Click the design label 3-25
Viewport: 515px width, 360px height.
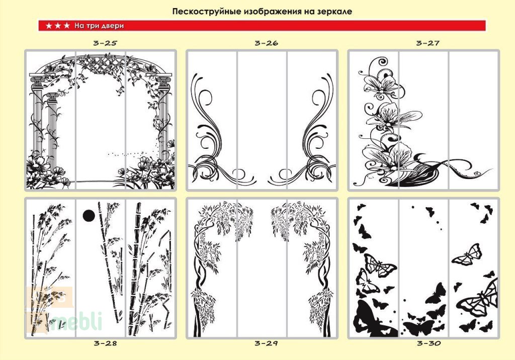[x=106, y=43]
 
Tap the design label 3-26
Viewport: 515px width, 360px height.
[x=267, y=43]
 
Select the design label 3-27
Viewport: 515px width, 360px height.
[x=427, y=43]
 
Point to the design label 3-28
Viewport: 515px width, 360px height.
[x=106, y=343]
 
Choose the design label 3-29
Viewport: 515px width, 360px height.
[x=267, y=343]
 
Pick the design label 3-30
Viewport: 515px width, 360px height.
[x=428, y=343]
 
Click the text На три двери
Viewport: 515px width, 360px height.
[x=99, y=26]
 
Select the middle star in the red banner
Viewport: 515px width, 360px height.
[x=58, y=26]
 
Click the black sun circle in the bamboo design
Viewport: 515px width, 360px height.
[x=89, y=216]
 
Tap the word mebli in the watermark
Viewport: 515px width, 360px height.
[x=77, y=322]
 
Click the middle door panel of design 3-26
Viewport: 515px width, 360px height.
[x=262, y=120]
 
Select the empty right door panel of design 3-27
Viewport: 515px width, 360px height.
[x=473, y=120]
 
